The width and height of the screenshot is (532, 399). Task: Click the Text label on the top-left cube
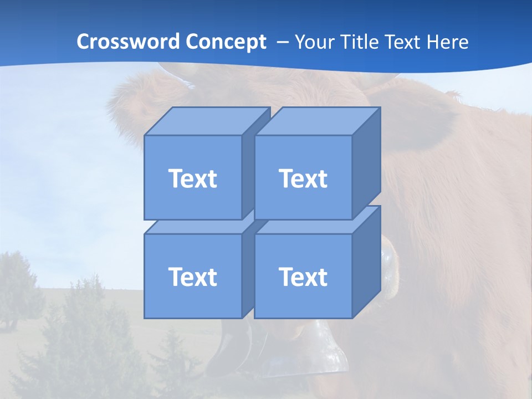click(x=192, y=178)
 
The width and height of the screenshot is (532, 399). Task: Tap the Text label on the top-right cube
click(x=303, y=178)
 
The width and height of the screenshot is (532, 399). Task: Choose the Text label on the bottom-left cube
click(x=192, y=277)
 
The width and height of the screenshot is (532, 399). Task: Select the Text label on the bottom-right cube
click(x=303, y=277)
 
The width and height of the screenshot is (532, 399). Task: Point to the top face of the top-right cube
click(x=317, y=121)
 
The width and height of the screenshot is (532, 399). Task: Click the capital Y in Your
click(x=299, y=42)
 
